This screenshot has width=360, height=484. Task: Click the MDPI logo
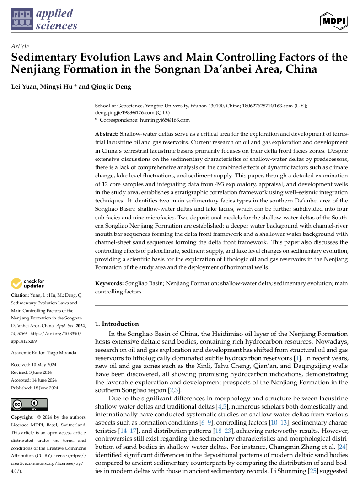point(334,21)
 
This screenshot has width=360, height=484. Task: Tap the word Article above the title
point(20,46)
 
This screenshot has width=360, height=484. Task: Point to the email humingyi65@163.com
point(165,120)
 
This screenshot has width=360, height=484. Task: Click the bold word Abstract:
point(107,133)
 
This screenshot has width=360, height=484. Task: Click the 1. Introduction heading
point(117,324)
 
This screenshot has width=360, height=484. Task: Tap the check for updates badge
point(28,283)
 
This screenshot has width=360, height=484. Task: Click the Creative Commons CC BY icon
point(29,405)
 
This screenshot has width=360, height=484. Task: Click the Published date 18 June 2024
point(46,388)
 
